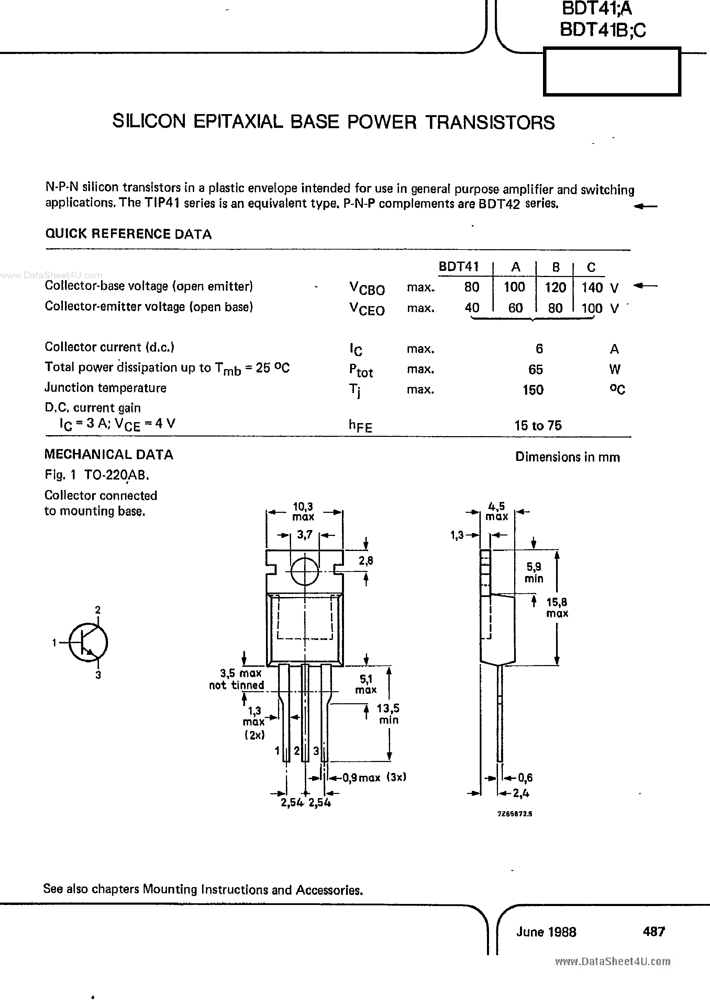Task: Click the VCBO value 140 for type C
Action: click(591, 287)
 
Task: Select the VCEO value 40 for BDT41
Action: click(472, 308)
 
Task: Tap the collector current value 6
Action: click(539, 349)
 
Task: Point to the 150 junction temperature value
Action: click(533, 389)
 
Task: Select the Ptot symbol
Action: click(361, 370)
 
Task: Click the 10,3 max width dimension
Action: click(303, 511)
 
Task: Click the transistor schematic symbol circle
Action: click(88, 643)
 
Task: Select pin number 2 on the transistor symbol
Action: click(98, 610)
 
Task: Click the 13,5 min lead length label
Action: click(388, 714)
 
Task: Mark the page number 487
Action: click(654, 931)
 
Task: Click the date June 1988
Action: click(546, 931)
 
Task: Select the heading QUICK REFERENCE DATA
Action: click(128, 234)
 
